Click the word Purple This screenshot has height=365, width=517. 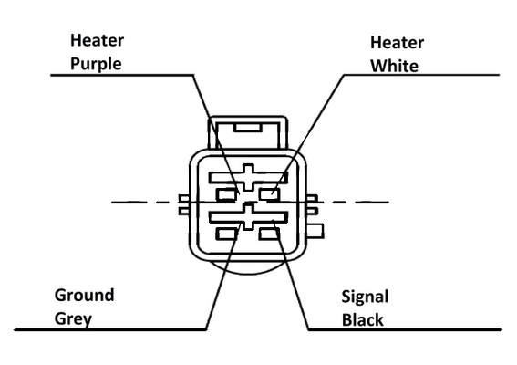96,64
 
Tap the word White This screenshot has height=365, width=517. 394,66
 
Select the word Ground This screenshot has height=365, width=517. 85,295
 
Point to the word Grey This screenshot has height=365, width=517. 73,319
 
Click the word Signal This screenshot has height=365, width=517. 365,297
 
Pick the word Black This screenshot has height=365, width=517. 362,319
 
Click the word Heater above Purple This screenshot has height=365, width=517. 97,40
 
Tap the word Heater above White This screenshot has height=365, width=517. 397,43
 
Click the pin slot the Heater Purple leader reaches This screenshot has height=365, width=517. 227,194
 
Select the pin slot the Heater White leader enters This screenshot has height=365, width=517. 270,194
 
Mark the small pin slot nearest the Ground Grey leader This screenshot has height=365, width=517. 227,234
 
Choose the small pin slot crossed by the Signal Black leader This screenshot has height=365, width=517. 270,234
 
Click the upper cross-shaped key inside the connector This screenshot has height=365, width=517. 248,178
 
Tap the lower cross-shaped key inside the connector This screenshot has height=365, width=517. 248,216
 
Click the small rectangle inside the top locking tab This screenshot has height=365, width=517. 248,128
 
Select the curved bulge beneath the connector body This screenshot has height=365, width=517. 248,268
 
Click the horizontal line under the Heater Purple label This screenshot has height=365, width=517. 122,75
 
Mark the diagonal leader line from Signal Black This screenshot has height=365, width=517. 291,275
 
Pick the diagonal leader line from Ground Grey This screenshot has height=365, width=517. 223,276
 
